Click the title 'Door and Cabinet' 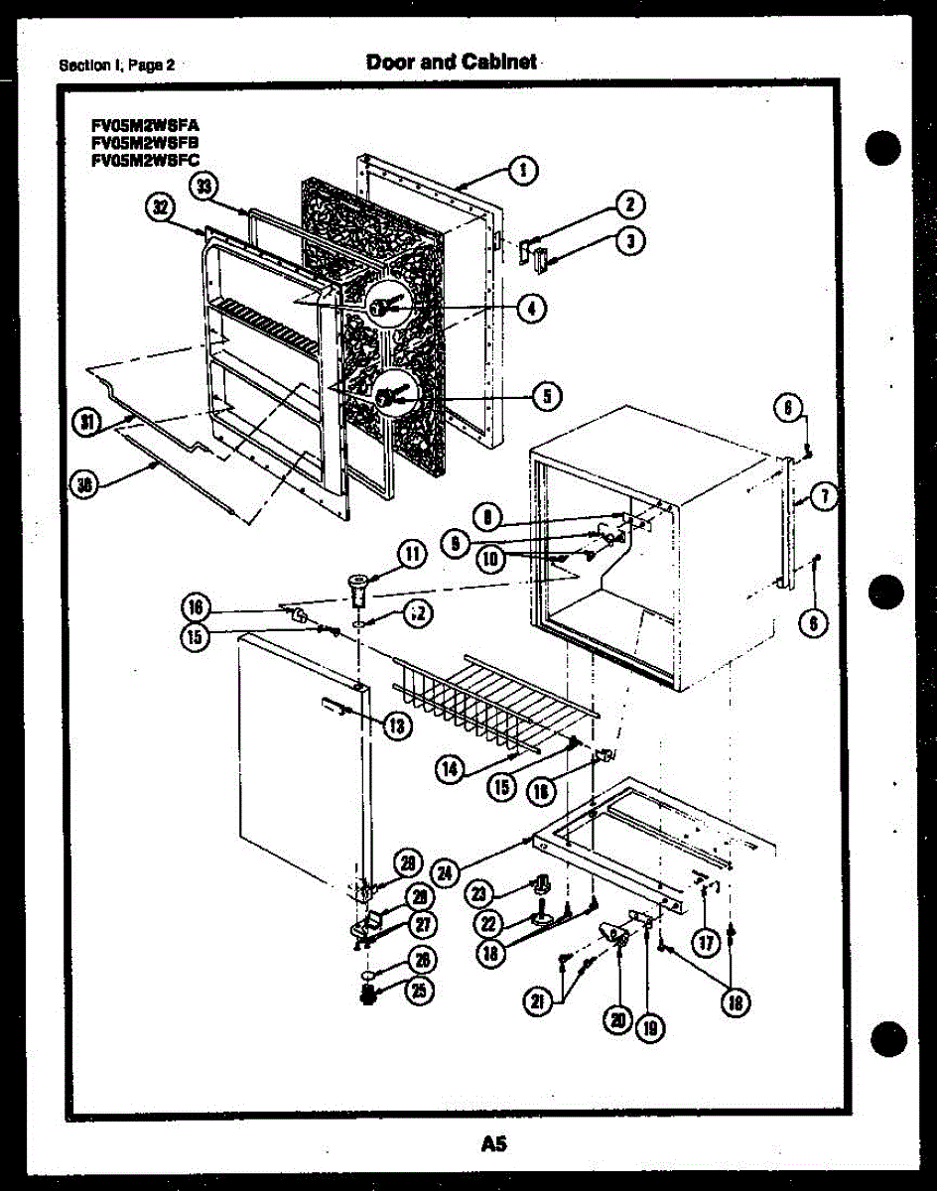[x=452, y=62]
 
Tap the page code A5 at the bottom [x=494, y=1144]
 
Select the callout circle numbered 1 [x=525, y=170]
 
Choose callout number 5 [x=545, y=396]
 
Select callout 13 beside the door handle [x=396, y=726]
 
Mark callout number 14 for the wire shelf [x=451, y=766]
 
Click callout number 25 [x=420, y=990]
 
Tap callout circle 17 [x=706, y=943]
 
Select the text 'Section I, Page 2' [x=116, y=66]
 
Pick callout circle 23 [x=480, y=893]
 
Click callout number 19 [x=651, y=1028]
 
